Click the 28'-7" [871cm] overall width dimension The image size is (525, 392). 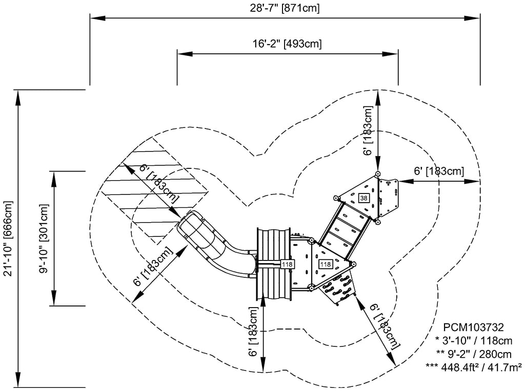click(286, 8)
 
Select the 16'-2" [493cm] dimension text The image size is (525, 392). click(287, 44)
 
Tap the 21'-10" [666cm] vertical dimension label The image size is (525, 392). click(8, 238)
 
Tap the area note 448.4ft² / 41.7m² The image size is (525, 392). click(474, 366)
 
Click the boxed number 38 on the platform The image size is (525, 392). click(364, 198)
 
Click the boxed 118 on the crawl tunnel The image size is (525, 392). click(287, 264)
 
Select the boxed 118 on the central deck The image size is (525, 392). click(325, 264)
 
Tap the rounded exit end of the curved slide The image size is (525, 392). click(189, 226)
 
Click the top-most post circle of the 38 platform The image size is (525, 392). click(378, 175)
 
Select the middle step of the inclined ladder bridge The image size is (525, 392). click(344, 226)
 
